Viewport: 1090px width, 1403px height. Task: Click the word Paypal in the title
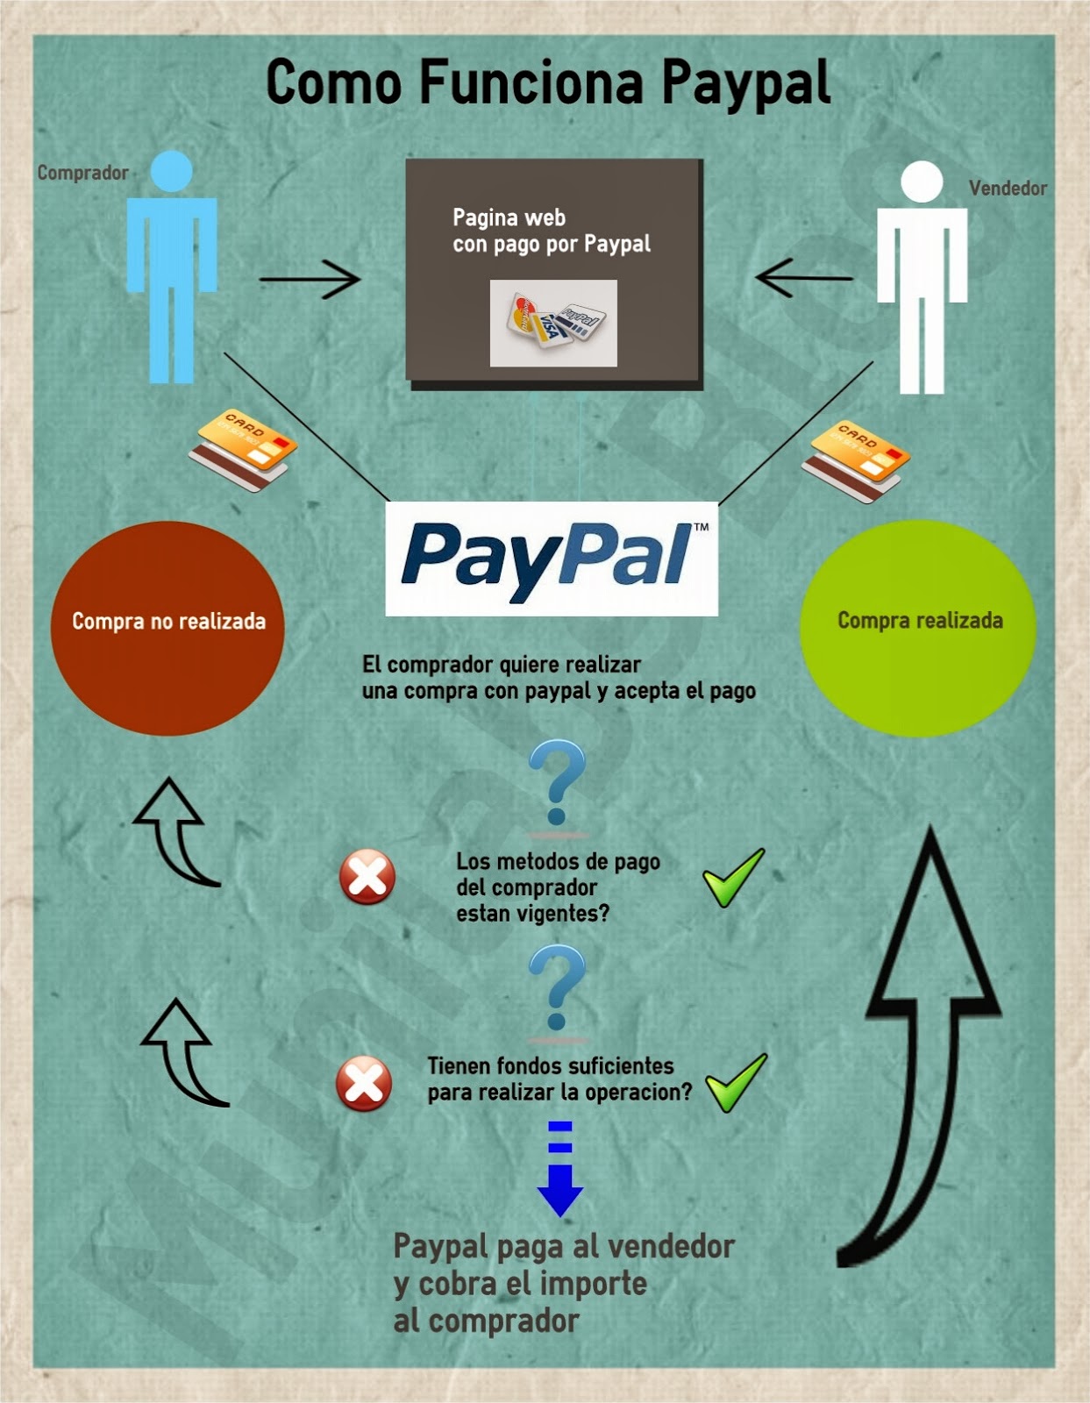point(745,84)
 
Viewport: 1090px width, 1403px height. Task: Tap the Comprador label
point(82,173)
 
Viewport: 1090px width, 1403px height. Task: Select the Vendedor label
point(1008,188)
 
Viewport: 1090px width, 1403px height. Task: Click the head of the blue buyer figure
point(171,171)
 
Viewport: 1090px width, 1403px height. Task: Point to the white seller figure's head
point(922,182)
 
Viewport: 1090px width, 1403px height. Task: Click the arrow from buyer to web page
point(310,280)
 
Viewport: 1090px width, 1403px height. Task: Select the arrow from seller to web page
point(803,278)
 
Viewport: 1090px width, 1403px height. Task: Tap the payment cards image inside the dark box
point(553,323)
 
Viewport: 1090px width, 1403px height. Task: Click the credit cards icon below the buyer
point(243,450)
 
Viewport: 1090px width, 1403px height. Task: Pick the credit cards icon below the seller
point(856,461)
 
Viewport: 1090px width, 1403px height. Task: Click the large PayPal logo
point(552,559)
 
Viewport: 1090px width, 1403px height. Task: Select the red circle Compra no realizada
point(167,628)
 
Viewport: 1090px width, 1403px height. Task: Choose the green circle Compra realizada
point(918,628)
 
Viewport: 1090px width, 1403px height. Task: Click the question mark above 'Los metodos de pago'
point(557,781)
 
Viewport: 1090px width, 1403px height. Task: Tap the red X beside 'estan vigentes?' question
point(367,876)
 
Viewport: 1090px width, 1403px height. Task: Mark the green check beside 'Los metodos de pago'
point(734,877)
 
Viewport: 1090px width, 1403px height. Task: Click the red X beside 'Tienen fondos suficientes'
point(364,1084)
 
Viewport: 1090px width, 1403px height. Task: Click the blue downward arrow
point(559,1170)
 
